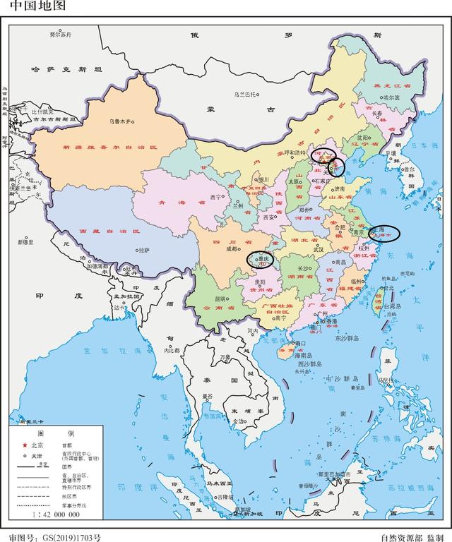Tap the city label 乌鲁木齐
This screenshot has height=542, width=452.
click(121, 121)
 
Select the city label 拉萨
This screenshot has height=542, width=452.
click(144, 250)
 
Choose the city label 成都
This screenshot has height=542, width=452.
click(232, 249)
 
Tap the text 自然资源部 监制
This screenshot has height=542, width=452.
click(411, 536)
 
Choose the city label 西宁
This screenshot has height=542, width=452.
click(215, 197)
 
